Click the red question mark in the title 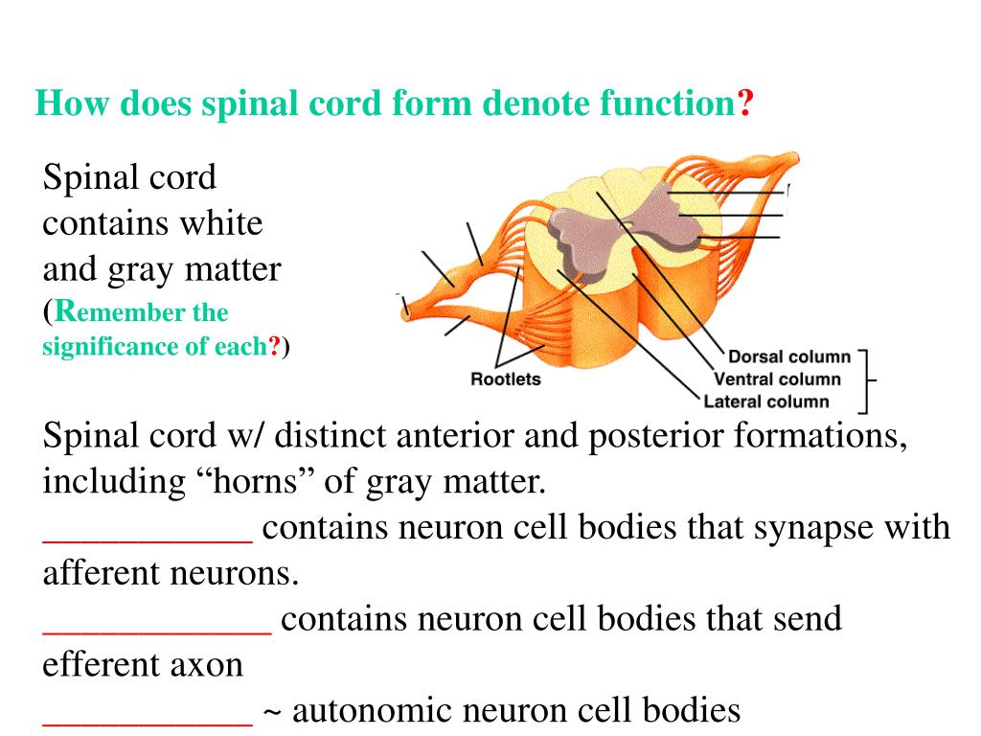744,103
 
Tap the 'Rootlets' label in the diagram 505,379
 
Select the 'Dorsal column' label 789,357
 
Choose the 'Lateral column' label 766,402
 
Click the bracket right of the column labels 866,380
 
